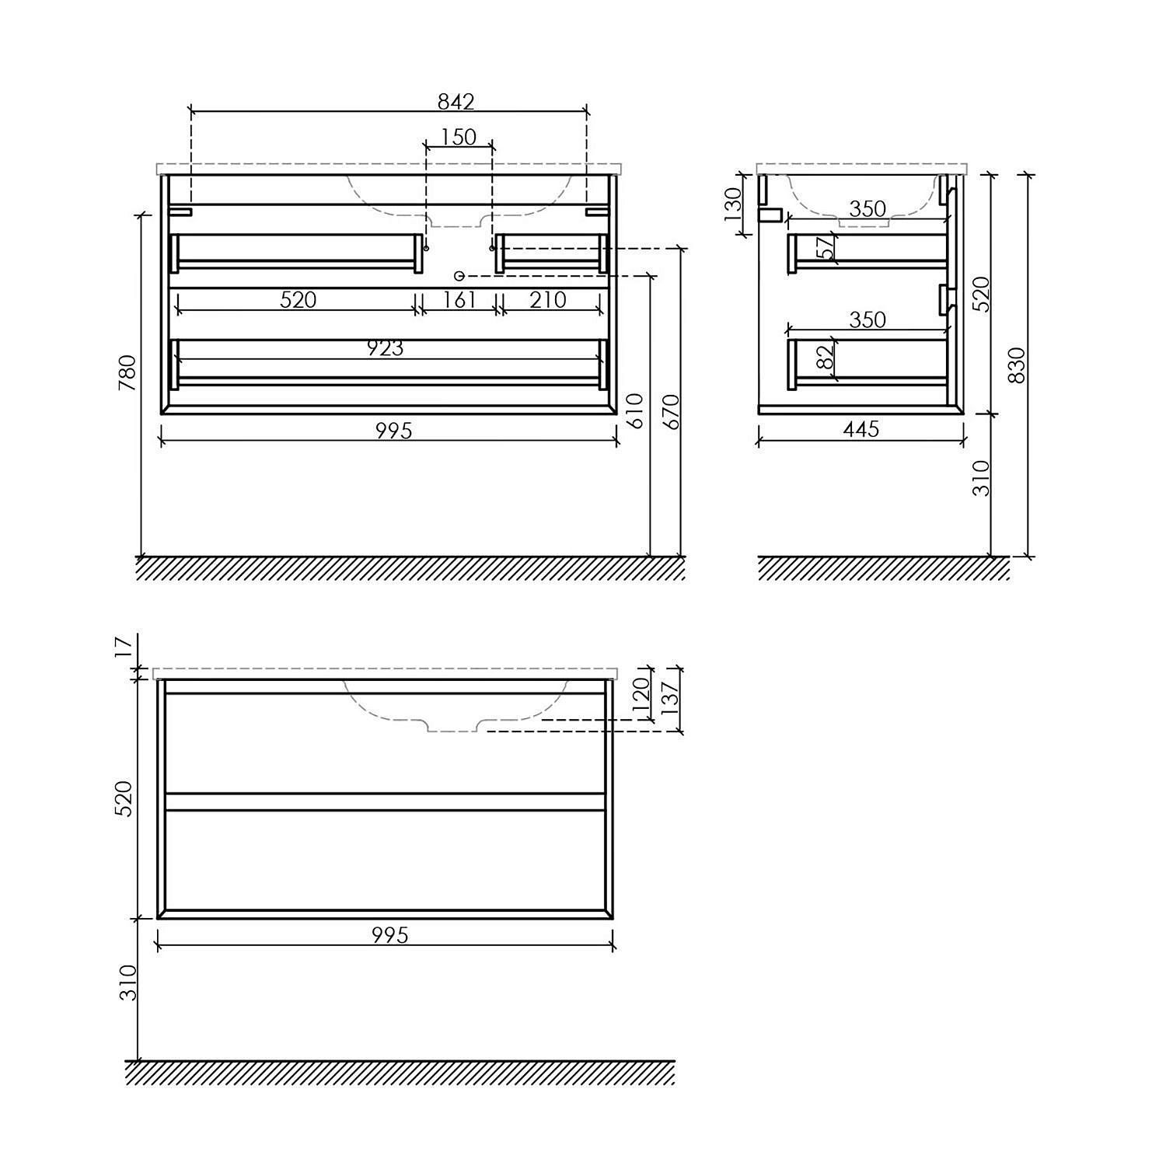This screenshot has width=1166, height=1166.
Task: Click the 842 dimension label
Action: [x=456, y=102]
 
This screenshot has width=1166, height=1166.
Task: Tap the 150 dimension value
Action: [x=458, y=138]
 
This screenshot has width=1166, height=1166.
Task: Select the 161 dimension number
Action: [x=459, y=299]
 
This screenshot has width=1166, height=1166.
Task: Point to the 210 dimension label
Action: [x=548, y=299]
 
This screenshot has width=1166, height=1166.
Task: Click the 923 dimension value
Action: [x=386, y=348]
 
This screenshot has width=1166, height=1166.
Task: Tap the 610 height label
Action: [x=635, y=411]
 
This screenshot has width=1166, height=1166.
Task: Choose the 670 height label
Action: [x=672, y=411]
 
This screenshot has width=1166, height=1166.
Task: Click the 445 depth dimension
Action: [x=861, y=429]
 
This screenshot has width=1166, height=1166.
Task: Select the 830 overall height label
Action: [x=1017, y=365]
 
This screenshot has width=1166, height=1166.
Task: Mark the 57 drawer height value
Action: [x=826, y=247]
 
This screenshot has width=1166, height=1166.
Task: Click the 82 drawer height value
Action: [x=826, y=356]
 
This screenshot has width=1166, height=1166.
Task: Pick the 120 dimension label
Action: [x=641, y=694]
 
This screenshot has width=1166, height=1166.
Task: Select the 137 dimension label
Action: [x=671, y=694]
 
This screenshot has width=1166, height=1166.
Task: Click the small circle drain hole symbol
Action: [x=459, y=276]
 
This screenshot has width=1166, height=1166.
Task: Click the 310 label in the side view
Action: [x=982, y=478]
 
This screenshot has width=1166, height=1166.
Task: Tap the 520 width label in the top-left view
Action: [x=298, y=299]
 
